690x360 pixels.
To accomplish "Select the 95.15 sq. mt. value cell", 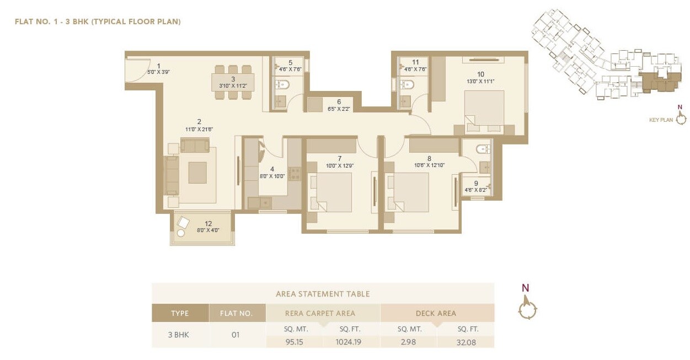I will pyautogui.click(x=295, y=342).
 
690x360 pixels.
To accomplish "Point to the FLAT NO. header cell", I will pyautogui.click(x=237, y=313).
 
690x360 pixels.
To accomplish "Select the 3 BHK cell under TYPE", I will pyautogui.click(x=180, y=335).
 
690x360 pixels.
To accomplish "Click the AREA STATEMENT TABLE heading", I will pyautogui.click(x=323, y=294).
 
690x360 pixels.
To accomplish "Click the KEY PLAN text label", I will pyautogui.click(x=661, y=120).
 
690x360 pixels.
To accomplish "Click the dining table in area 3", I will pyautogui.click(x=233, y=83).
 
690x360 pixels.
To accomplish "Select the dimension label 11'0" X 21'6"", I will pyautogui.click(x=199, y=129).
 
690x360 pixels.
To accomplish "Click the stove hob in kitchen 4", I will pyautogui.click(x=294, y=174).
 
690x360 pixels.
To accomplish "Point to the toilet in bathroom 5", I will pyautogui.click(x=282, y=84).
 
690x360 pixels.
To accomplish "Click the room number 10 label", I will pyautogui.click(x=480, y=74).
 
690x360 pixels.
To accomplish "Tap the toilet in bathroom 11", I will pyautogui.click(x=407, y=84).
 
